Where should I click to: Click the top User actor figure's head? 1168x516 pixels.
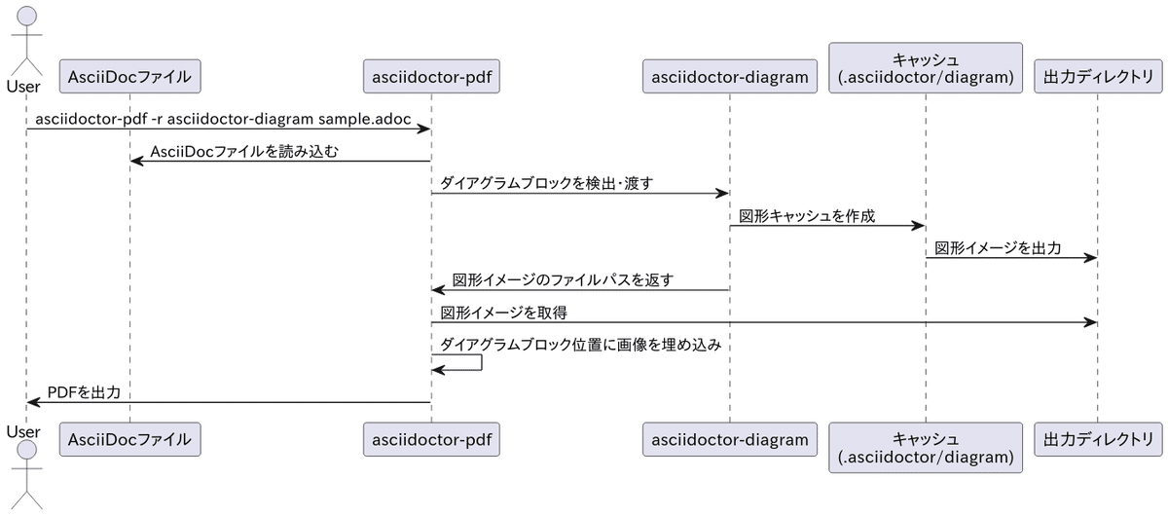pyautogui.click(x=27, y=16)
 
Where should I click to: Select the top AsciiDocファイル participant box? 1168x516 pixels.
pyautogui.click(x=129, y=76)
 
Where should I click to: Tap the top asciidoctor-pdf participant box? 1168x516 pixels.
pyautogui.click(x=430, y=76)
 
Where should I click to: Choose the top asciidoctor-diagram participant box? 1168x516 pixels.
pyautogui.click(x=729, y=76)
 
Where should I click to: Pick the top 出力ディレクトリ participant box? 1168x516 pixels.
pyautogui.click(x=1097, y=76)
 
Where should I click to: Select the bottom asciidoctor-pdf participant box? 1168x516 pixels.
pyautogui.click(x=430, y=439)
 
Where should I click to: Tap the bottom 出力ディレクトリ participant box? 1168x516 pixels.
pyautogui.click(x=1097, y=439)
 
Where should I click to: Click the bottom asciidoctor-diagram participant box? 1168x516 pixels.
pyautogui.click(x=729, y=439)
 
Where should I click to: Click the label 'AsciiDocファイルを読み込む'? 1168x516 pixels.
pyautogui.click(x=244, y=151)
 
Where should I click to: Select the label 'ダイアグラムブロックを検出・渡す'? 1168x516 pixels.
pyautogui.click(x=546, y=183)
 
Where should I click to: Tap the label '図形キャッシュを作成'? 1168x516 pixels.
pyautogui.click(x=808, y=216)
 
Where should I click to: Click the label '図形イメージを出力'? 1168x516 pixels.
pyautogui.click(x=998, y=248)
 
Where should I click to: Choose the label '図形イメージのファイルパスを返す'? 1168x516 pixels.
pyautogui.click(x=564, y=280)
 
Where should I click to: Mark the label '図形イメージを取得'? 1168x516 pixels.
pyautogui.click(x=504, y=313)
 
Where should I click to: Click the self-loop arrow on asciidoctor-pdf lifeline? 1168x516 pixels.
pyautogui.click(x=481, y=362)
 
